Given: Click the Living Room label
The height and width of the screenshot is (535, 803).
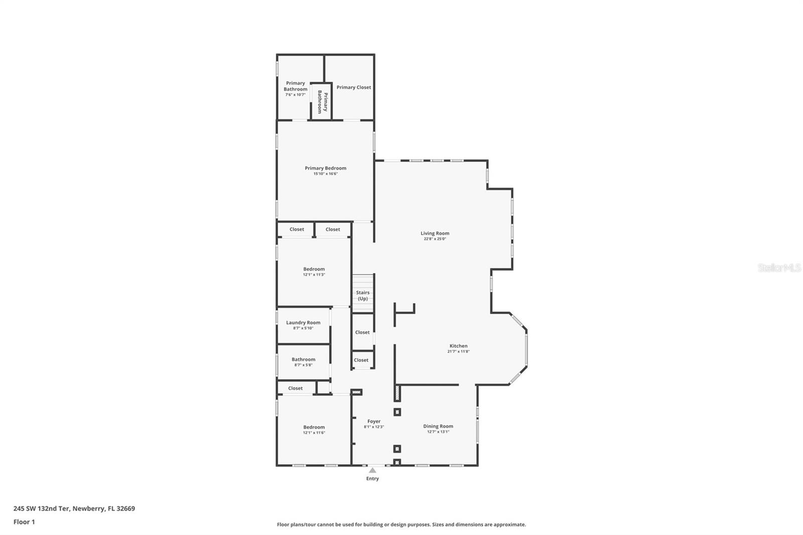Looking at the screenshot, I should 435,233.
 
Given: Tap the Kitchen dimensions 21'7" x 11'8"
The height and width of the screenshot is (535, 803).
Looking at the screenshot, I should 458,352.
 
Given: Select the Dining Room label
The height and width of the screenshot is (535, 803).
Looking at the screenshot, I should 438,426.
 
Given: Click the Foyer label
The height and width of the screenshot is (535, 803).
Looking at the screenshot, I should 373,422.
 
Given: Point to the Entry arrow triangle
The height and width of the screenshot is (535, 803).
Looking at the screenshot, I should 372,470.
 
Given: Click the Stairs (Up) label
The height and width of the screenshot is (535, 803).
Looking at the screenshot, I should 362,296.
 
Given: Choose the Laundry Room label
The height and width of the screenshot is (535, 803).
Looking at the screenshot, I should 303,323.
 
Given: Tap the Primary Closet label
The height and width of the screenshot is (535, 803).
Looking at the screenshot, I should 353,87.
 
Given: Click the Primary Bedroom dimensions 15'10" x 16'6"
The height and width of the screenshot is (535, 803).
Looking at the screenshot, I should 325,174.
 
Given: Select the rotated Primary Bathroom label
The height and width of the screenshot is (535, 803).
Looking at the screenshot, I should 322,102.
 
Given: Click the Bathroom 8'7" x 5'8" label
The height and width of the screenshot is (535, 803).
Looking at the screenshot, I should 303,359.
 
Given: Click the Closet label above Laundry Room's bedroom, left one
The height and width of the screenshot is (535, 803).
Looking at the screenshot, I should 297,229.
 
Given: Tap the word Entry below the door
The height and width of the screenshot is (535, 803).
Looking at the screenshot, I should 372,479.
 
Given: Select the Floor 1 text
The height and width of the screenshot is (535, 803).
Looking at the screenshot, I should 24,522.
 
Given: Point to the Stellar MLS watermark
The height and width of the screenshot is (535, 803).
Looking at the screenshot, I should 779,268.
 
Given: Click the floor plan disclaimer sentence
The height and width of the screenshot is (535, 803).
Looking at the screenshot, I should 401,524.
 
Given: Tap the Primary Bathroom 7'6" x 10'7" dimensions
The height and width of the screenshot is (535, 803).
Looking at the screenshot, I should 295,94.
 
